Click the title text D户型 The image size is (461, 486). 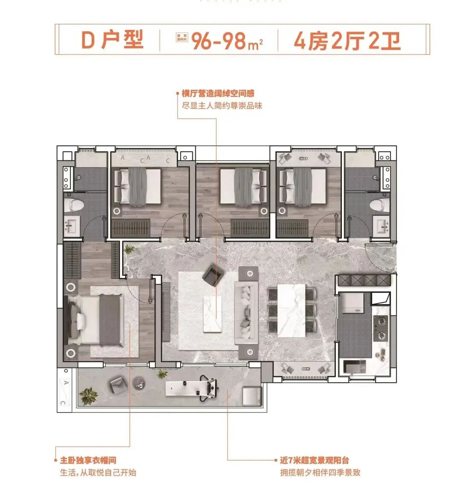(112, 40)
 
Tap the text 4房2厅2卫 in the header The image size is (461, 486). (347, 41)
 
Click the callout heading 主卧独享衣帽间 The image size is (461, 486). (88, 460)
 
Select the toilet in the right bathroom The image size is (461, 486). (379, 204)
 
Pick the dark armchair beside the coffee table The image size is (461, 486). (212, 276)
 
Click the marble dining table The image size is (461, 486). (291, 310)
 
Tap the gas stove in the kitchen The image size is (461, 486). (380, 328)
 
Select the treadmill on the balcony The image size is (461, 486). (194, 388)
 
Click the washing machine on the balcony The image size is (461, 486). (251, 396)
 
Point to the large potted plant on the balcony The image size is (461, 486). (89, 395)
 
